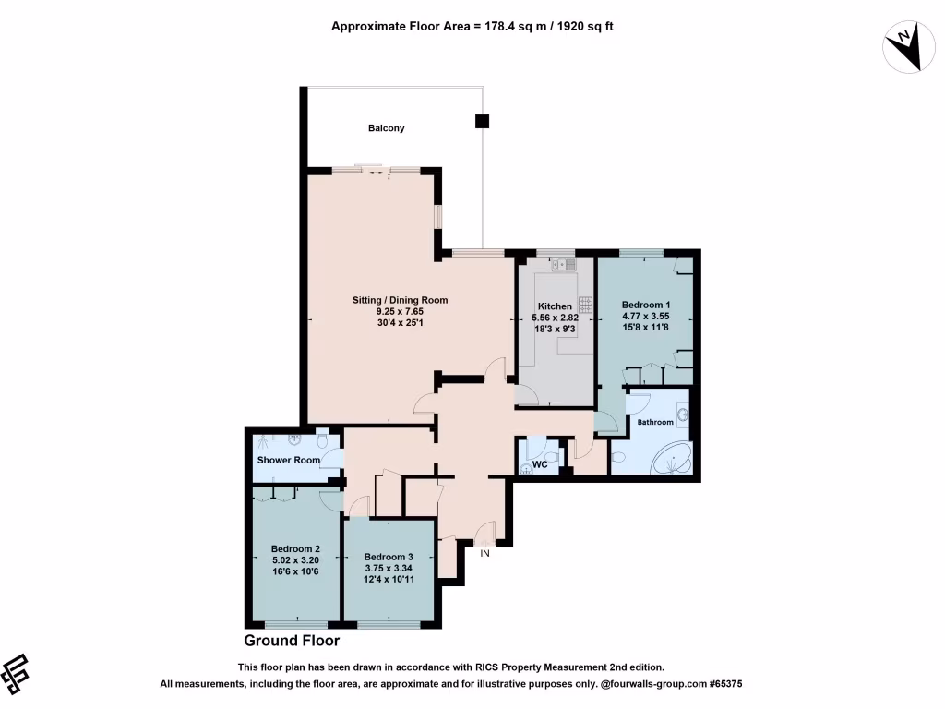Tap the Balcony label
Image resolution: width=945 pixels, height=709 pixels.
pos(387,128)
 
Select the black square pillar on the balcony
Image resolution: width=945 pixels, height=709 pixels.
pos(482,121)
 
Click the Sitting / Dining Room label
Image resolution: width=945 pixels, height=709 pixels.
pos(400,300)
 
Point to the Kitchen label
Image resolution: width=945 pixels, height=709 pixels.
pos(555,306)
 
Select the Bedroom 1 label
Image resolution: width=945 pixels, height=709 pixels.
pos(645,306)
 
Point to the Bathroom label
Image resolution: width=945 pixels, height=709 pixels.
pos(655,422)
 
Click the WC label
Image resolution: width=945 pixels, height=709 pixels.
pos(541,464)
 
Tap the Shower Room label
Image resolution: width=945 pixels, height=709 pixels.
pos(289,460)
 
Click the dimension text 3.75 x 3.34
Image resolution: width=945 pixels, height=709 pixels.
pos(388,570)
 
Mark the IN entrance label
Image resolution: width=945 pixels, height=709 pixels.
pos(484,553)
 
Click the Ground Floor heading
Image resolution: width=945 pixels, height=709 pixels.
pos(292,641)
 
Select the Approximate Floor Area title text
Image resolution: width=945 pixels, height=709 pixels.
pos(472,27)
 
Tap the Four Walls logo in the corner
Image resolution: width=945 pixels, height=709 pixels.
pos(17,674)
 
